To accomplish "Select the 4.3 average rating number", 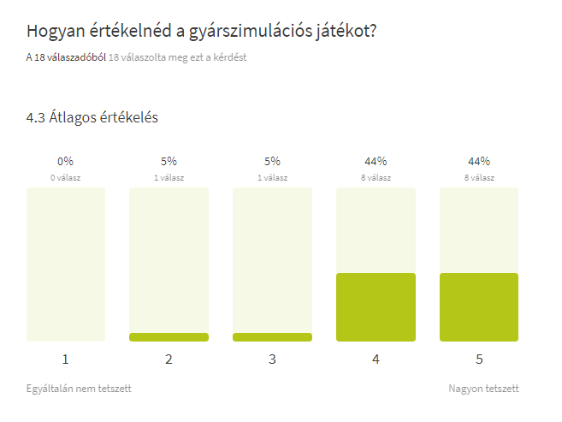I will pyautogui.click(x=36, y=117).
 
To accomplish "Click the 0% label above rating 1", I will pyautogui.click(x=65, y=161).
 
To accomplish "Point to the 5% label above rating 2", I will pyautogui.click(x=169, y=161).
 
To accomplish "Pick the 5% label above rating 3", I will pyautogui.click(x=272, y=161).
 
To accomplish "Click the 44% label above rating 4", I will pyautogui.click(x=376, y=161).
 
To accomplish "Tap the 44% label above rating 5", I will pyautogui.click(x=479, y=161).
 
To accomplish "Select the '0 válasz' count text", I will pyautogui.click(x=65, y=178).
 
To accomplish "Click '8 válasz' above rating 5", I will pyautogui.click(x=479, y=178).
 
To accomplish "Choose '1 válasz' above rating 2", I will pyautogui.click(x=169, y=178).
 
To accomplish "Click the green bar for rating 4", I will pyautogui.click(x=376, y=306).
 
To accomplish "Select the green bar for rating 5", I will pyautogui.click(x=479, y=306).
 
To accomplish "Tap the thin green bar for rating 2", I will pyautogui.click(x=169, y=337).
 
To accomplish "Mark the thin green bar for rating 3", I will pyautogui.click(x=272, y=337).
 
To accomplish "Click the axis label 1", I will pyautogui.click(x=65, y=360).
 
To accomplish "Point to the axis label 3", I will pyautogui.click(x=272, y=360).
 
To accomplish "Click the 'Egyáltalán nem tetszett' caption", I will pyautogui.click(x=79, y=389).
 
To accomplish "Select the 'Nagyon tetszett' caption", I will pyautogui.click(x=483, y=389).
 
